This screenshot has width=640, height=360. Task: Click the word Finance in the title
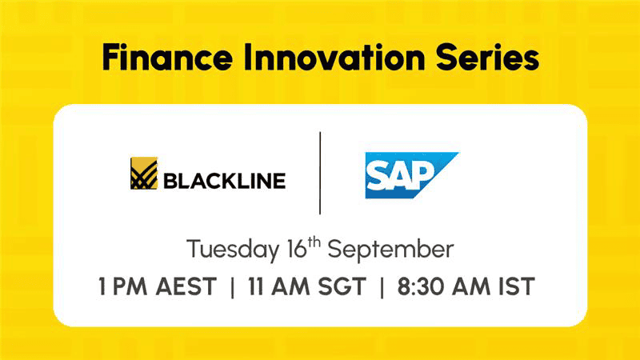(x=167, y=57)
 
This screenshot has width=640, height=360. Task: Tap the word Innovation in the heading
(x=334, y=57)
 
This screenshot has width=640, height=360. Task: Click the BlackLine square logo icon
(x=144, y=173)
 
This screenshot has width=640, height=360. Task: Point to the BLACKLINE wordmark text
(x=225, y=181)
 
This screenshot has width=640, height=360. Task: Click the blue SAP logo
(x=411, y=175)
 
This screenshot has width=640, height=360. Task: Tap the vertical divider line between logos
(x=320, y=173)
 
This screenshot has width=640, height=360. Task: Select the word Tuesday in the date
(x=233, y=250)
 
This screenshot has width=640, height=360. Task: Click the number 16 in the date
(x=297, y=250)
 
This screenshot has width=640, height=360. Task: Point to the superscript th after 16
(x=314, y=243)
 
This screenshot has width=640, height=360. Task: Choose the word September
(x=390, y=250)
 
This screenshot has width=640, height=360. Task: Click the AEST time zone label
(x=186, y=286)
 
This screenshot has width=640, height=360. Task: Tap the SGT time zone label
(x=342, y=286)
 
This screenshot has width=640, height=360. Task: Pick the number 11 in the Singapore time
(x=255, y=286)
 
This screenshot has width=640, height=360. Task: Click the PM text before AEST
(x=130, y=286)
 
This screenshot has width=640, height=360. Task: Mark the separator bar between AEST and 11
(x=233, y=287)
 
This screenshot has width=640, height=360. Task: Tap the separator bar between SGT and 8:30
(x=382, y=287)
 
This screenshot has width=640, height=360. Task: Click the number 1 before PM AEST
(x=102, y=286)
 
